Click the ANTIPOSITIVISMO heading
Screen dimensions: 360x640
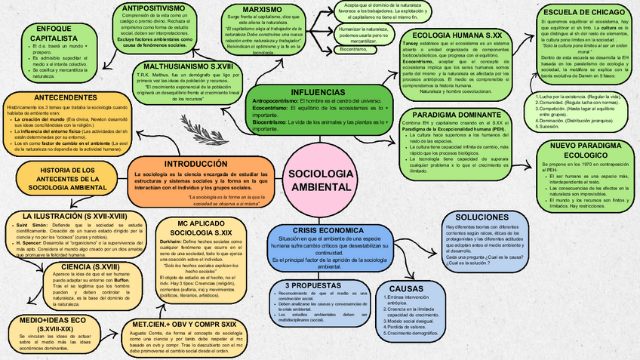154,8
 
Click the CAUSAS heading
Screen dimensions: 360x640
407,289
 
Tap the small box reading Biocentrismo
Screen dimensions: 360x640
355,48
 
